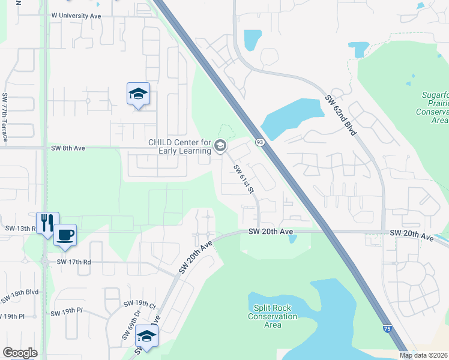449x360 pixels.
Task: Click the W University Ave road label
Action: [76, 16]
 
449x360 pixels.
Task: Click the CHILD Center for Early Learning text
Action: [180, 146]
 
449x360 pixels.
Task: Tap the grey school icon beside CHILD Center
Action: [220, 146]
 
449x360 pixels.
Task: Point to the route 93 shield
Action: [260, 142]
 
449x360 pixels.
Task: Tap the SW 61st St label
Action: [244, 179]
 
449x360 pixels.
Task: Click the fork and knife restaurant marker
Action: [46, 223]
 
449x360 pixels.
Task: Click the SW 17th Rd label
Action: [74, 262]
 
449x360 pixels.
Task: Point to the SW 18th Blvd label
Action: [20, 295]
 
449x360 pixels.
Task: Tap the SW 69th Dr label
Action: [127, 325]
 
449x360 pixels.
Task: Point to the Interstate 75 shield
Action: [388, 328]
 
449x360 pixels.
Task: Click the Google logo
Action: [20, 352]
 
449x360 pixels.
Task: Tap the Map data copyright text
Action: [424, 355]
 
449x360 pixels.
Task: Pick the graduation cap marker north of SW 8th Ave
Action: [138, 94]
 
